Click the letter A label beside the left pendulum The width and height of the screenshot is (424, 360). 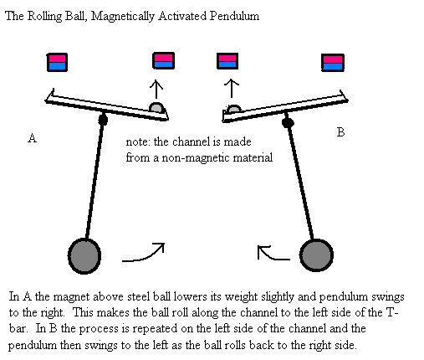point(32,138)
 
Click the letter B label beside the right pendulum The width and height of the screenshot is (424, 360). point(340,131)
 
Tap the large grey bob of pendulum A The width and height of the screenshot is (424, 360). point(84,256)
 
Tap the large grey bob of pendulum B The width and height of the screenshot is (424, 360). point(316,255)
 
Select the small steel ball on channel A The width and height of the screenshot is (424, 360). point(156,108)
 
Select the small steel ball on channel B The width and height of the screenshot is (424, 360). point(233,109)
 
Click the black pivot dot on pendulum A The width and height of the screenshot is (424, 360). point(103,120)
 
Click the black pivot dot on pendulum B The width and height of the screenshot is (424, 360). point(288,122)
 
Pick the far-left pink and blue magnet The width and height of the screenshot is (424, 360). point(57,63)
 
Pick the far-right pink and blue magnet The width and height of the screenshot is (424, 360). point(333,63)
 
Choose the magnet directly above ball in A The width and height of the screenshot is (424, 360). point(164,61)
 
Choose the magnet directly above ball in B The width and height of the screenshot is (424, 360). point(227,61)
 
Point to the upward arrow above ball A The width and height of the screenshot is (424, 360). point(156,90)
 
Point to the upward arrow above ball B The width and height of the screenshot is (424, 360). point(232,88)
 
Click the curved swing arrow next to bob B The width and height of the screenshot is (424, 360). point(272,254)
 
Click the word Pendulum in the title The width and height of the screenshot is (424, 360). point(234,16)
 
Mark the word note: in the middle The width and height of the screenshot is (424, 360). point(138,142)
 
